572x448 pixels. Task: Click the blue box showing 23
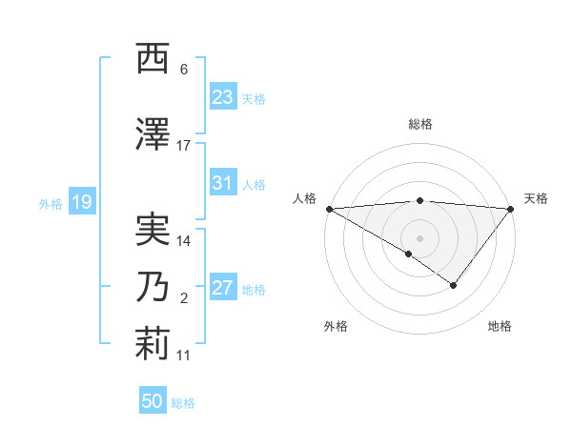click(x=222, y=97)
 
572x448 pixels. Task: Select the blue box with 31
click(x=222, y=183)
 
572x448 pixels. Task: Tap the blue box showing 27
click(x=222, y=289)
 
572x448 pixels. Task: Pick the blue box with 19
click(x=81, y=202)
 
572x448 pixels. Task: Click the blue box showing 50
click(x=153, y=401)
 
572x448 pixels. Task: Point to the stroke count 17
click(x=184, y=146)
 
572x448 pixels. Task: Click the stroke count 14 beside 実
click(x=184, y=241)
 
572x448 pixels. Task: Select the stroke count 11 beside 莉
click(x=184, y=355)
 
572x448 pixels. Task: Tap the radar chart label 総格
click(x=419, y=124)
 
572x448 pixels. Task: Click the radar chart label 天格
click(x=536, y=198)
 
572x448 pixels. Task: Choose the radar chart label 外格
click(x=336, y=327)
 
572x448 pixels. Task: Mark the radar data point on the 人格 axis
click(x=328, y=208)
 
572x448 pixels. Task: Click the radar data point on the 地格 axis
click(x=454, y=284)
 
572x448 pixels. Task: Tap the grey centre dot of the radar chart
click(x=419, y=237)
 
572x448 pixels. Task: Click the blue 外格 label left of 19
click(x=51, y=203)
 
